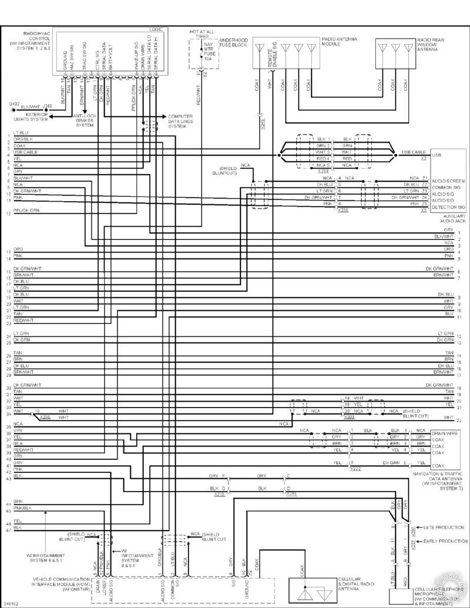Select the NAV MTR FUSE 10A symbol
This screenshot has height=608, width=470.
207,51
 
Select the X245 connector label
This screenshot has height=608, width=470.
262,124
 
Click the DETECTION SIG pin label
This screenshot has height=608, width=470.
449,208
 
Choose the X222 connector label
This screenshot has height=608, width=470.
355,468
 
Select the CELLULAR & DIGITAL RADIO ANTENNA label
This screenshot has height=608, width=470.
357,584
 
